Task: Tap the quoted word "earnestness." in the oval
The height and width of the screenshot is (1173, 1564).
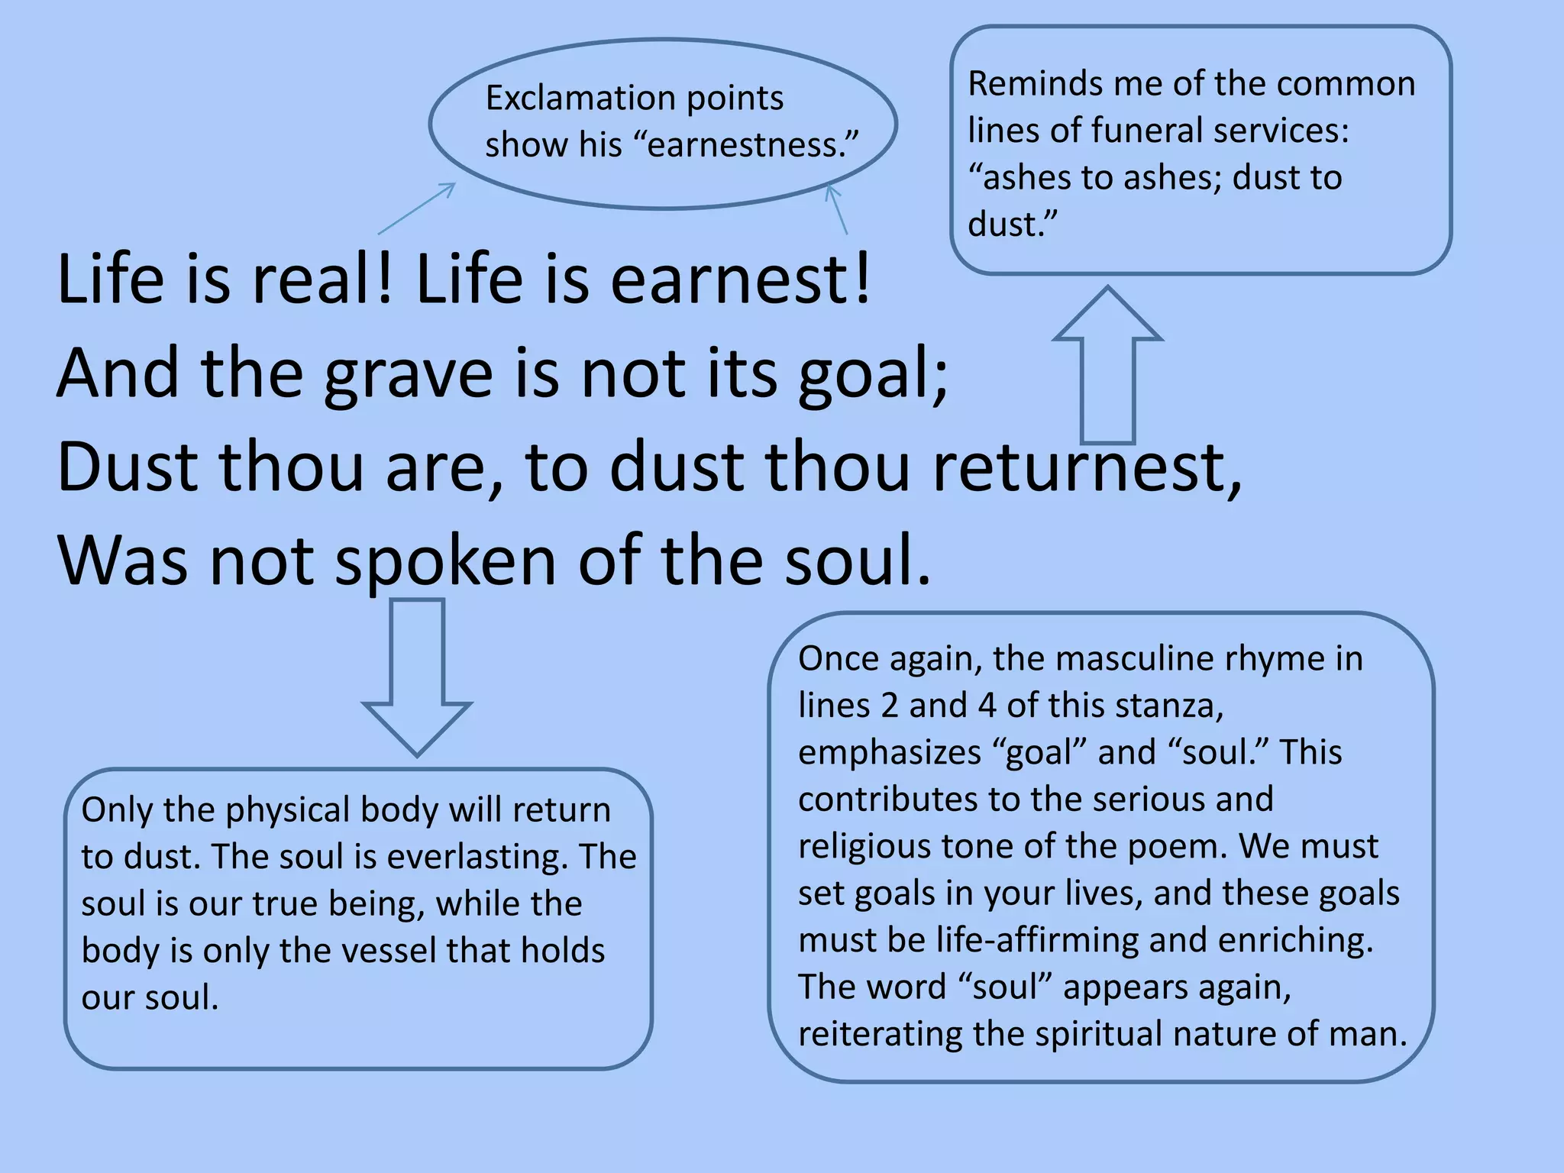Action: coord(753,145)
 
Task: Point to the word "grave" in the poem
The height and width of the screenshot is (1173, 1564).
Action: coord(409,374)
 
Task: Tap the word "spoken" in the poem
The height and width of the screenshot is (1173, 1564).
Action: coord(446,561)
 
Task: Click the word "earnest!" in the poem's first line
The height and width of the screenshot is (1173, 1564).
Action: coord(740,279)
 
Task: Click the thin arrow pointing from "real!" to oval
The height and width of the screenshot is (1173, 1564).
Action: coord(416,208)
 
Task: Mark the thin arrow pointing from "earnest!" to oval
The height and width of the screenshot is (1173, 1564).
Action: coord(837,209)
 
